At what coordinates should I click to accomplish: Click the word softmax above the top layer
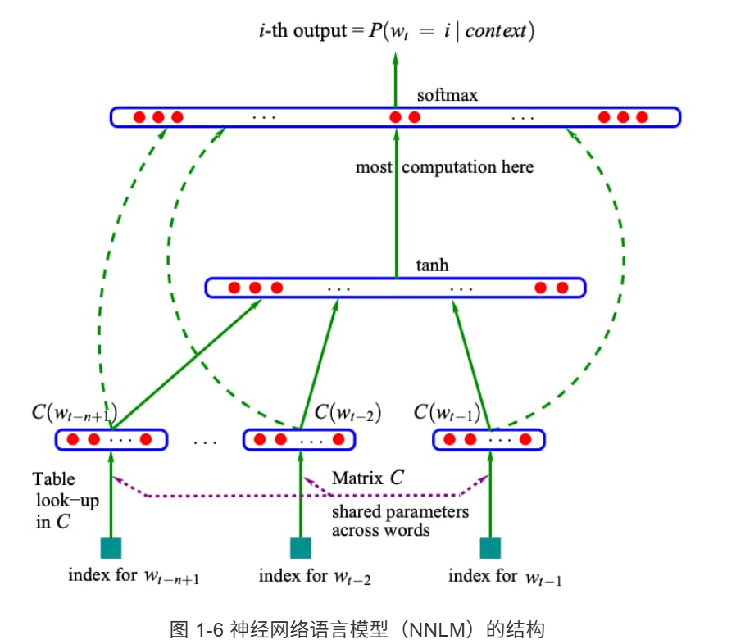tap(447, 95)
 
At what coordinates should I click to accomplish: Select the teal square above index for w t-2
tap(301, 548)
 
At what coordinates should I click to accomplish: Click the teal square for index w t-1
tap(489, 548)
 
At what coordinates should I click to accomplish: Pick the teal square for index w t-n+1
tap(111, 548)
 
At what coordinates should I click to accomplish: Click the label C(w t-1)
tap(448, 411)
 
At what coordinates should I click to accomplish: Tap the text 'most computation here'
tap(444, 167)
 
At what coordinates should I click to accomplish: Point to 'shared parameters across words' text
tap(400, 521)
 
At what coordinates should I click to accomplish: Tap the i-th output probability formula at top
tap(396, 32)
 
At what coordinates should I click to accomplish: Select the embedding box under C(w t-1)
tap(488, 440)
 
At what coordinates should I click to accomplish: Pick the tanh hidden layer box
tap(395, 288)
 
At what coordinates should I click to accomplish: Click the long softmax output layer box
tap(395, 117)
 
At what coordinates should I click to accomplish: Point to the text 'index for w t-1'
tap(505, 577)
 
